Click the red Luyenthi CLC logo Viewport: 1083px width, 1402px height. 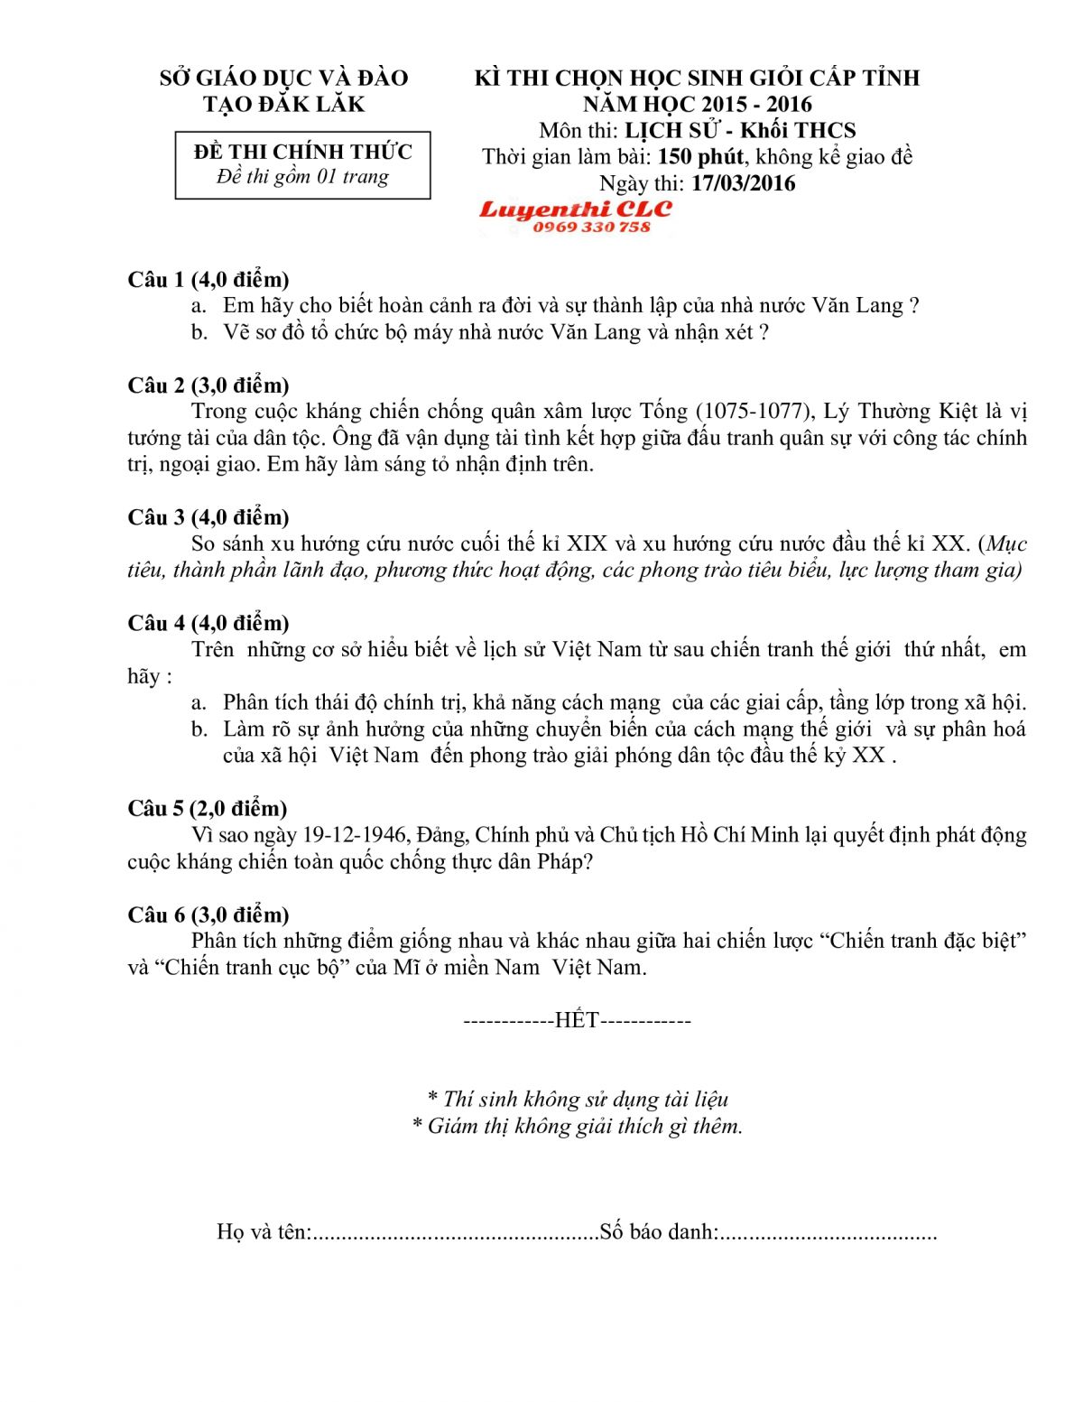[575, 209]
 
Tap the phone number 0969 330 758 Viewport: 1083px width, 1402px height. [591, 227]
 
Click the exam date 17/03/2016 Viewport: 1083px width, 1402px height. [744, 183]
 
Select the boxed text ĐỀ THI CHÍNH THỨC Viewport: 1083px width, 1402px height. [302, 151]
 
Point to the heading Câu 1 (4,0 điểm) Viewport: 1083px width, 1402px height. [208, 279]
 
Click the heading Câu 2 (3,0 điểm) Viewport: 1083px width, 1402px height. [208, 385]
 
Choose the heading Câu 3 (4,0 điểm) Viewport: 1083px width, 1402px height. [208, 517]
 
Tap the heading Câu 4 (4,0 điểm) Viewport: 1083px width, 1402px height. [208, 623]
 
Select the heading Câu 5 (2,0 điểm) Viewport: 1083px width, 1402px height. [208, 808]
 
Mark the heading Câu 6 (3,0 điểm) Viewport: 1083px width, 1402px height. [208, 915]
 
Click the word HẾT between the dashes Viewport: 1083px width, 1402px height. [577, 1020]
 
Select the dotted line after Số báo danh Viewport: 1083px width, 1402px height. [828, 1233]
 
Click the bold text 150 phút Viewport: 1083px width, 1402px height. [700, 157]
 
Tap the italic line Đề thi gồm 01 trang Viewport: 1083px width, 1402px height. [302, 177]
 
